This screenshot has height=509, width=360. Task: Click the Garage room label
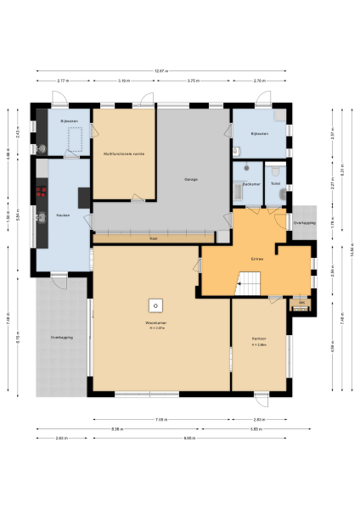[191, 180]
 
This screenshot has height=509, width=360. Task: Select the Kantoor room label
[259, 341]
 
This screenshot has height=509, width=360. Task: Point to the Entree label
[256, 257]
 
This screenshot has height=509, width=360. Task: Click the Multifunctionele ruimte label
[123, 154]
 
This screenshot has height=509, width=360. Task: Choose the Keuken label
[63, 215]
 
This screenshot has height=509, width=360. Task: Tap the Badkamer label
[250, 184]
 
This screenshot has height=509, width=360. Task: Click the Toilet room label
[275, 184]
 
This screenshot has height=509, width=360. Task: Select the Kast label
[153, 239]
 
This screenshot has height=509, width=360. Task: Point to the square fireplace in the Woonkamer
[155, 305]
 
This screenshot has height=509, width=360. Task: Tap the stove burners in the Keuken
[39, 193]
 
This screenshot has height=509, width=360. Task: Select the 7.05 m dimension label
[160, 419]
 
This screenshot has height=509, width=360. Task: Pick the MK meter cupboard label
[301, 302]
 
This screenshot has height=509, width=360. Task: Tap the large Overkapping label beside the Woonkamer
[61, 338]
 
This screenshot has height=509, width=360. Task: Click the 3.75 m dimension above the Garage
[193, 81]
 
